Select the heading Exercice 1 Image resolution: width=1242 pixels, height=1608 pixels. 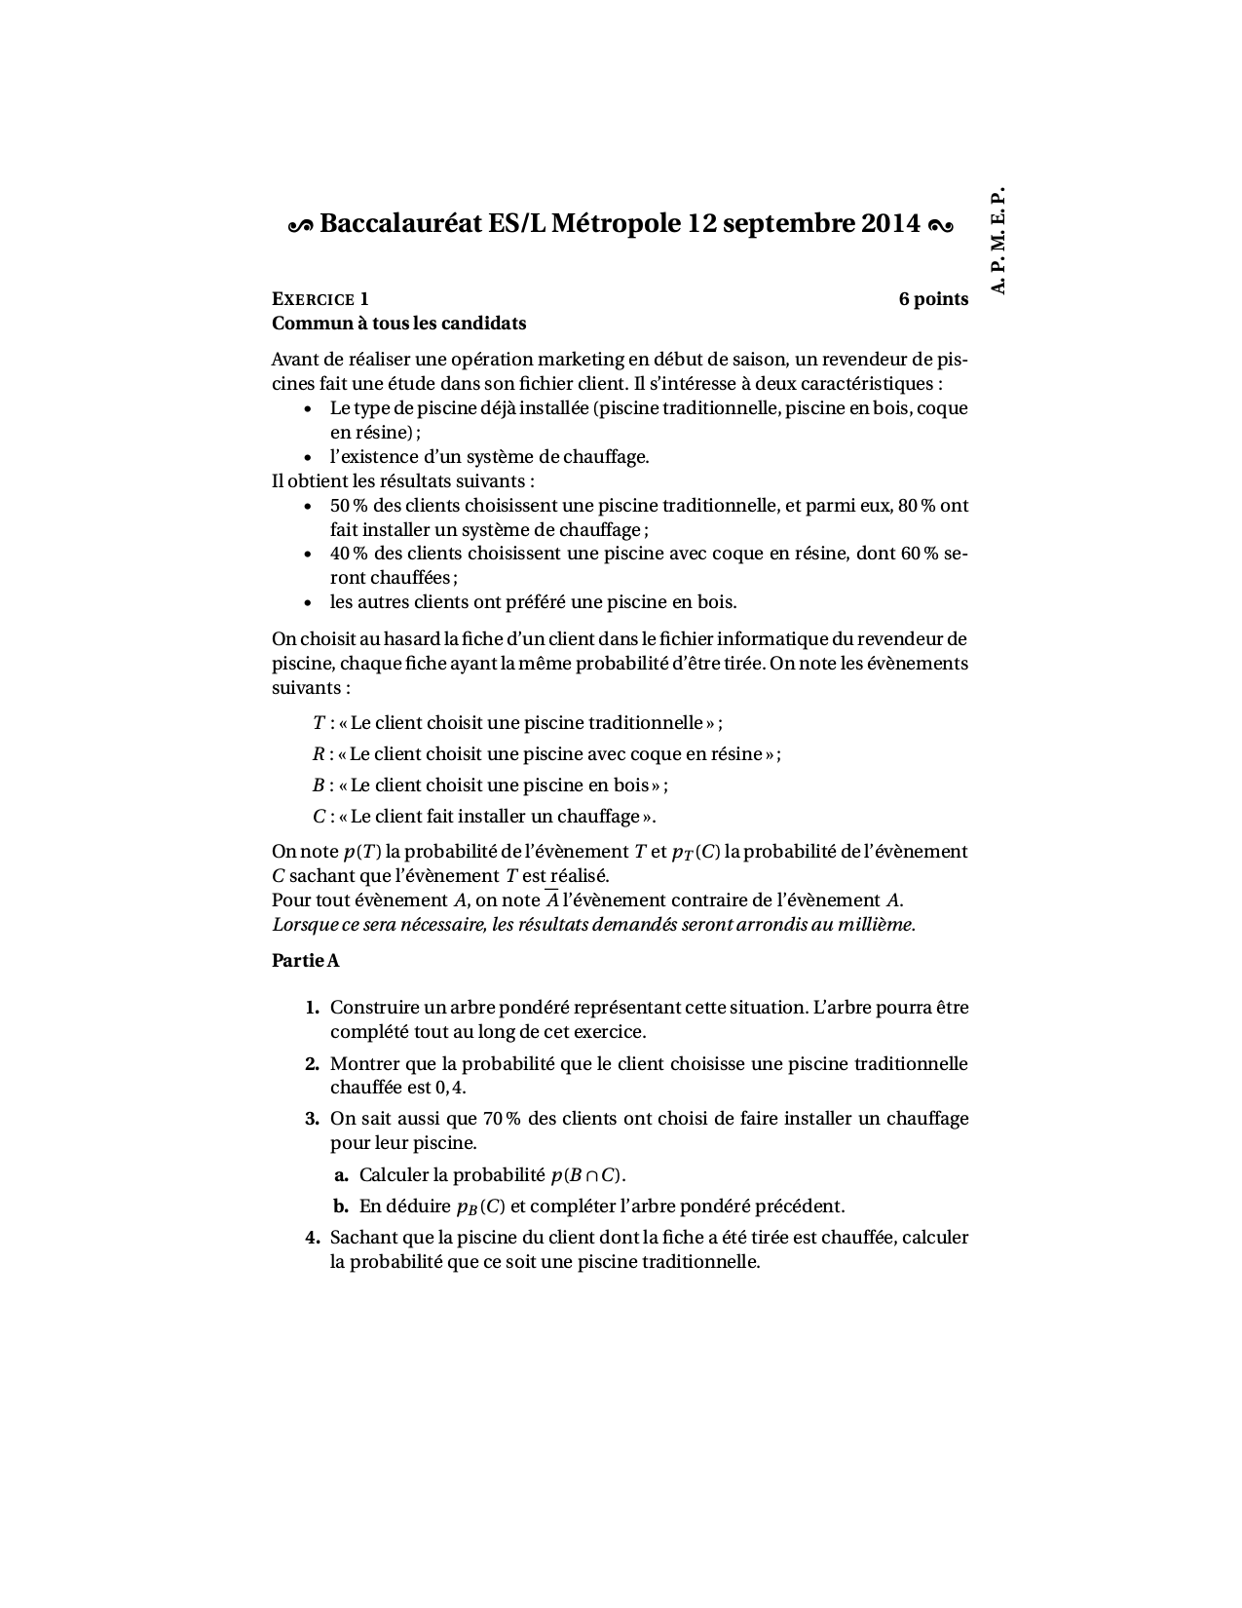[x=320, y=299]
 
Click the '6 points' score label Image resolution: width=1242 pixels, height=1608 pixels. [x=933, y=299]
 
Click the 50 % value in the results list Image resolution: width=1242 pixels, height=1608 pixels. [x=349, y=506]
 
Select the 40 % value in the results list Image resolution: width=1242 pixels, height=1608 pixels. [x=349, y=554]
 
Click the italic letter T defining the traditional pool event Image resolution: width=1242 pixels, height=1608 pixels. [x=319, y=723]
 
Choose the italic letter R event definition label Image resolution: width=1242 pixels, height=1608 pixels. [x=319, y=754]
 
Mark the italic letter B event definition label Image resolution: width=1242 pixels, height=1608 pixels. [x=319, y=785]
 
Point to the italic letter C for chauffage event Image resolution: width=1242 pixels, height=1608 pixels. [x=319, y=817]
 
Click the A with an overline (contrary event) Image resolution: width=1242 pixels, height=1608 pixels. [x=551, y=900]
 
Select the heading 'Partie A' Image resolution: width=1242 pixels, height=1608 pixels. [x=305, y=961]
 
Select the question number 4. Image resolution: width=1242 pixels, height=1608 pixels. [x=312, y=1238]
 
